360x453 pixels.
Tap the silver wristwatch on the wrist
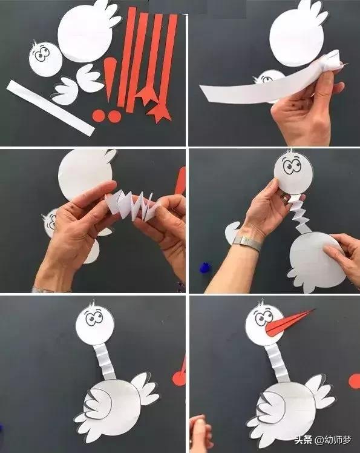[x=247, y=243]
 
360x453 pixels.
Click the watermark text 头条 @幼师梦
[x=322, y=440]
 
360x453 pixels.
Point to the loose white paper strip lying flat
[x=51, y=108]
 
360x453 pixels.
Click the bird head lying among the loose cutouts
[x=45, y=59]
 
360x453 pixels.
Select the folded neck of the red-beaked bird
[x=278, y=363]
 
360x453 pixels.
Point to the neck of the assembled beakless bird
[x=105, y=362]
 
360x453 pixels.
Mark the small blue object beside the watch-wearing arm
[x=205, y=267]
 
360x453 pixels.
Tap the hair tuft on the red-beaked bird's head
[x=261, y=303]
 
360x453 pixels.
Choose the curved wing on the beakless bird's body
[x=97, y=403]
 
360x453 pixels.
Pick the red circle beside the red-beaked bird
[x=354, y=382]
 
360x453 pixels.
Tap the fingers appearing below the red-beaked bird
[x=200, y=432]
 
